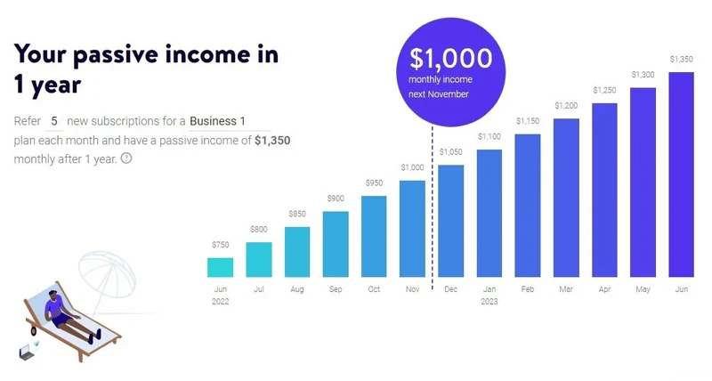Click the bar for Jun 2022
point(220,267)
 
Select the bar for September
point(336,244)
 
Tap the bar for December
point(451,221)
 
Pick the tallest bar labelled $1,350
point(681,174)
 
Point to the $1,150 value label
point(528,121)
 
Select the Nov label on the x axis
point(412,289)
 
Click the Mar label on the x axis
point(566,289)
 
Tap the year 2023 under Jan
point(489,302)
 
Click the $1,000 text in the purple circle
point(450,59)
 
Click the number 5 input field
point(54,120)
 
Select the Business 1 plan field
point(218,120)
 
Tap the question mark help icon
point(126,158)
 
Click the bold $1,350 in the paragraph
point(272,140)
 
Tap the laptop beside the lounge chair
point(26,353)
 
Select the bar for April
point(604,190)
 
